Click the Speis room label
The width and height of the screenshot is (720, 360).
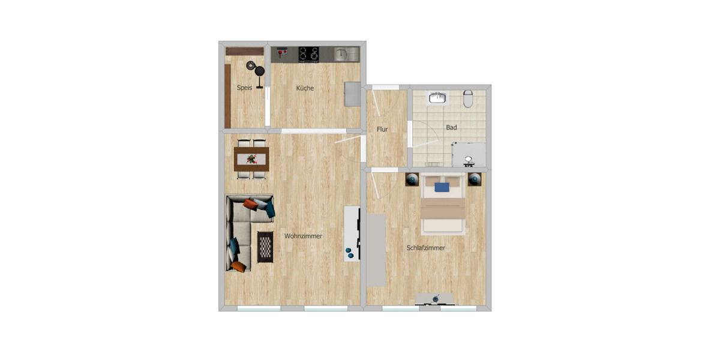click(x=244, y=88)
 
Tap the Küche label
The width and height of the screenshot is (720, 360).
click(x=305, y=88)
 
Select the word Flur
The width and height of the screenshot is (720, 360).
click(x=382, y=129)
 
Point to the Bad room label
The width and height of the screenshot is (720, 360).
click(x=451, y=127)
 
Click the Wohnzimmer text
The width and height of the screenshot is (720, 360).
click(x=303, y=236)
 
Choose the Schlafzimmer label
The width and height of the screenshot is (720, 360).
click(x=425, y=248)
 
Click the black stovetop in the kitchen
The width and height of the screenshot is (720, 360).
click(x=309, y=54)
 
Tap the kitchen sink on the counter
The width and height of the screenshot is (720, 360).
click(x=341, y=55)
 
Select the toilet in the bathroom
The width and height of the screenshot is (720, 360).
click(x=469, y=98)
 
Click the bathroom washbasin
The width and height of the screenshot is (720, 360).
click(x=437, y=97)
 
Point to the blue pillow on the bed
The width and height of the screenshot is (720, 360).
click(x=442, y=187)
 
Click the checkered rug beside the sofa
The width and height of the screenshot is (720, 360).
click(x=265, y=246)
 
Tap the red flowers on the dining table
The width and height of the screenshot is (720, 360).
click(x=252, y=159)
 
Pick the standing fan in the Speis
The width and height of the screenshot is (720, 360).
click(x=260, y=73)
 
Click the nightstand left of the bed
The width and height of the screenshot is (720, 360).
click(x=412, y=179)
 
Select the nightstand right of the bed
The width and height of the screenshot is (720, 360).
click(x=475, y=179)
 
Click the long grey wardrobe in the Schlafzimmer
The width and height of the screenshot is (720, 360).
click(x=376, y=250)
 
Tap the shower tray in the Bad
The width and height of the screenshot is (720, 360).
click(x=469, y=155)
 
